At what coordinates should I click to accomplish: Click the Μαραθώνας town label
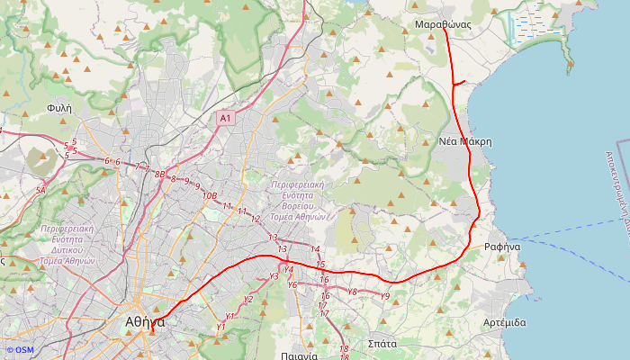[x=444, y=23]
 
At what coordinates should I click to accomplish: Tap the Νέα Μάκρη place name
[x=465, y=141]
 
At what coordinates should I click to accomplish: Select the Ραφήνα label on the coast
[x=502, y=246]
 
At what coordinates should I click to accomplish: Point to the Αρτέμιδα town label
[x=504, y=322]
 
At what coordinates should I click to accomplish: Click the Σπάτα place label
[x=382, y=344]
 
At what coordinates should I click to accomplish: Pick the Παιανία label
[x=299, y=355]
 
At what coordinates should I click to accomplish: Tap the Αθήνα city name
[x=145, y=321]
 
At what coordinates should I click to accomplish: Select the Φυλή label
[x=58, y=107]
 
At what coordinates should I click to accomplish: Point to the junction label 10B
[x=210, y=195]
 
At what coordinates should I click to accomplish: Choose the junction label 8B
[x=160, y=174]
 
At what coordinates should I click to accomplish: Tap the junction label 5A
[x=40, y=191]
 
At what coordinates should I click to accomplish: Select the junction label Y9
[x=384, y=296]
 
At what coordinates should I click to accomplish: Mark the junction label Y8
[x=352, y=292]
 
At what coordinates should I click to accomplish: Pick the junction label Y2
[x=248, y=300]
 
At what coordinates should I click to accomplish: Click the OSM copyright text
[x=19, y=350]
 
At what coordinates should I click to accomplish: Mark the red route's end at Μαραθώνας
[x=445, y=30]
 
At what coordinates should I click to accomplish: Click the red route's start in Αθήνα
[x=152, y=330]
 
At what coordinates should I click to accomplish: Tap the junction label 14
[x=315, y=248]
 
